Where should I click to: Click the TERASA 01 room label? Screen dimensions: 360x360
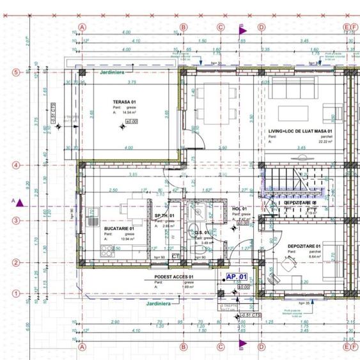(124, 102)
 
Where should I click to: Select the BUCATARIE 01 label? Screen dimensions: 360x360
(118, 228)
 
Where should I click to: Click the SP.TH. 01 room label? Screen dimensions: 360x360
(164, 217)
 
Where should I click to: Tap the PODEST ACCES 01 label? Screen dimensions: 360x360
(174, 277)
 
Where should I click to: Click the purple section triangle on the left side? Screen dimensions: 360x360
(20, 203)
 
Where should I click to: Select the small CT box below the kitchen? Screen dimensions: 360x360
(175, 256)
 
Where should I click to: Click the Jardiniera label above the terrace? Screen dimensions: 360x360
(113, 73)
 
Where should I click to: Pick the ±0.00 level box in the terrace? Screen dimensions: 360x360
(131, 120)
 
